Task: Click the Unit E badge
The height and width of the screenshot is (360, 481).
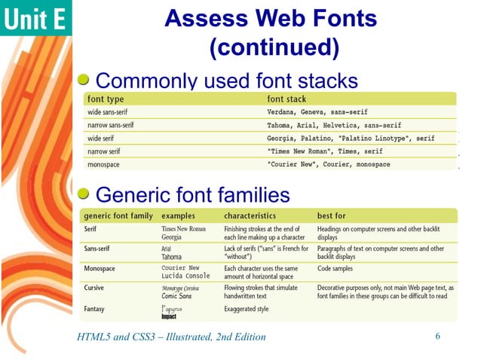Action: point(35,19)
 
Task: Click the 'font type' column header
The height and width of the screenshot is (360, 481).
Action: point(106,99)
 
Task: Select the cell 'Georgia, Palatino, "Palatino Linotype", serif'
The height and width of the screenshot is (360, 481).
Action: point(351,139)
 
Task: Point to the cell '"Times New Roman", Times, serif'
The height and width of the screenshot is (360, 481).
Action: point(325,151)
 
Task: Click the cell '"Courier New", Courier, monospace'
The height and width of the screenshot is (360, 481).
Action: point(329,164)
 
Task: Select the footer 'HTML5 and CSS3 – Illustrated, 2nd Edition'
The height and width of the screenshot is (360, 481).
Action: point(171,336)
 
